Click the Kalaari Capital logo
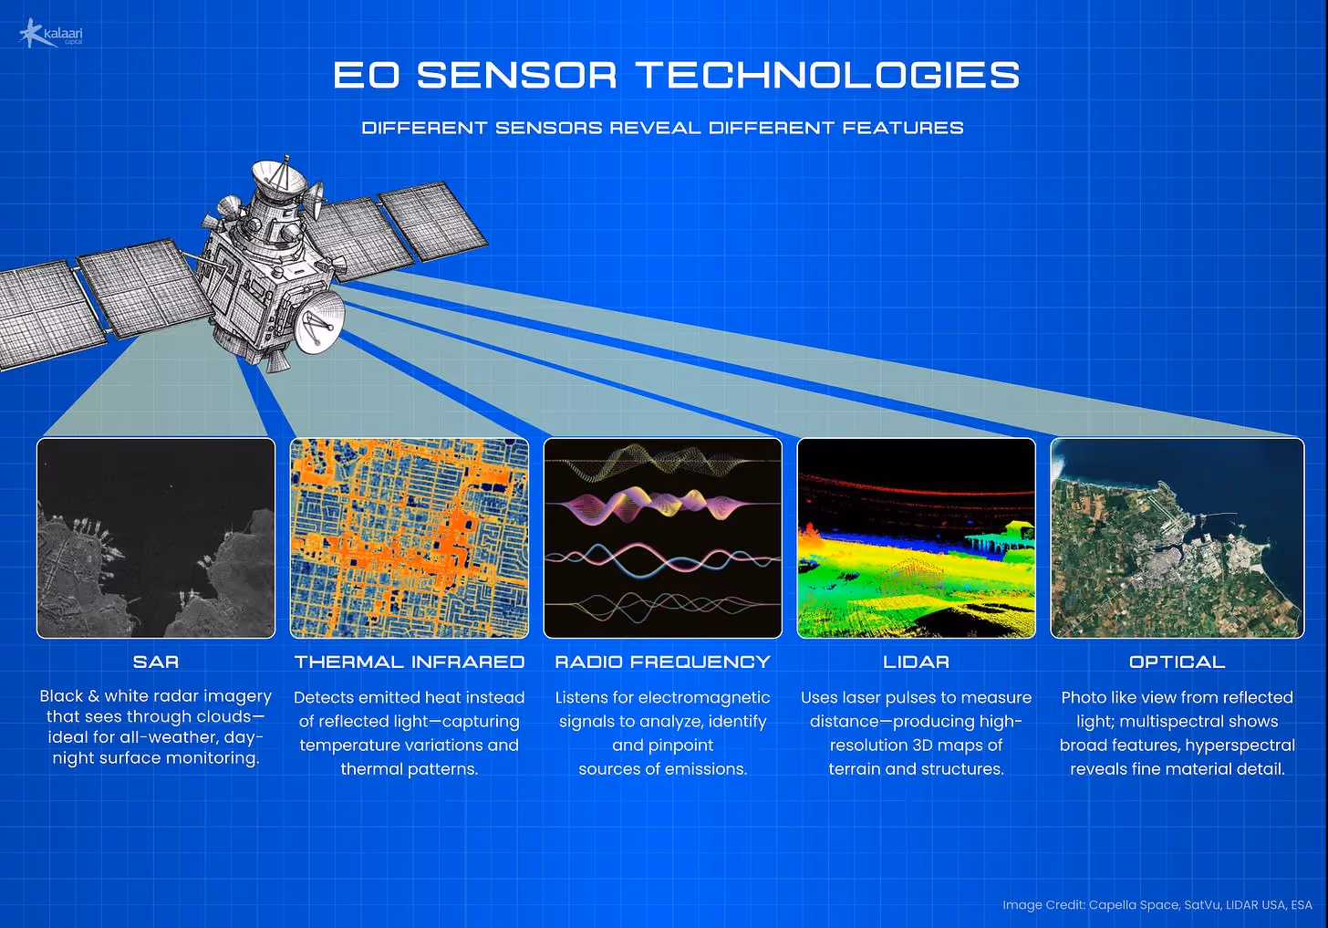pos(51,33)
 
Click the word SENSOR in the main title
pos(516,76)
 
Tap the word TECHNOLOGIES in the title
pos(827,76)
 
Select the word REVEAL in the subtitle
pos(655,128)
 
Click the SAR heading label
pos(156,662)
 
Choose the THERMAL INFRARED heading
pos(410,662)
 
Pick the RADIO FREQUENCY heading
pos(663,662)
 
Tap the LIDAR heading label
pos(916,662)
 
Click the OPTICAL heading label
pos(1177,662)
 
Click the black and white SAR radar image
pos(156,537)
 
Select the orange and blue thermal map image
pos(410,537)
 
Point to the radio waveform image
pos(663,537)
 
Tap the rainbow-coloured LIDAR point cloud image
pos(916,537)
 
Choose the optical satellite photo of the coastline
pos(1178,537)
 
